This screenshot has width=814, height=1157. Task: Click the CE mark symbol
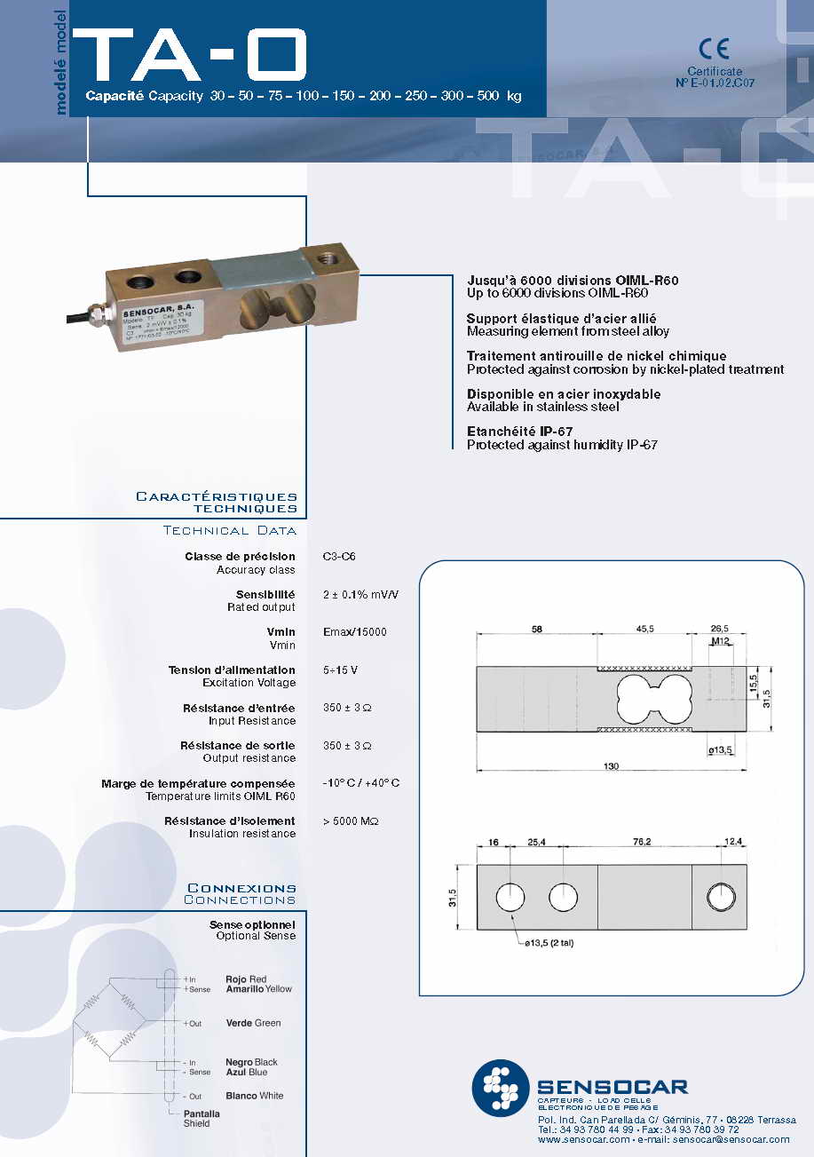point(714,49)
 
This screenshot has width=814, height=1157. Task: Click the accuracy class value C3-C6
point(339,557)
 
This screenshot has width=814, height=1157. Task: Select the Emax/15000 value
point(355,632)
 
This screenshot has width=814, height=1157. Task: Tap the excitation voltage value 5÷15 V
point(341,670)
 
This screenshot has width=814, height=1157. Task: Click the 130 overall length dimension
point(612,766)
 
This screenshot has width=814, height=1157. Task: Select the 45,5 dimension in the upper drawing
point(644,629)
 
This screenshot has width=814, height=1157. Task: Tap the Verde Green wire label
point(253,1023)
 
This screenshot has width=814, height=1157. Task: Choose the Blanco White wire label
point(255,1096)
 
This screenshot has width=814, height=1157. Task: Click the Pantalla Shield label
point(202,1118)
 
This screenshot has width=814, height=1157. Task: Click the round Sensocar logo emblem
point(501,1088)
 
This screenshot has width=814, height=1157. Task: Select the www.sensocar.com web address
point(584,1139)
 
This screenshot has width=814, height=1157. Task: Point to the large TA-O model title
point(191,56)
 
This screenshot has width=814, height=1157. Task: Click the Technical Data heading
point(230,531)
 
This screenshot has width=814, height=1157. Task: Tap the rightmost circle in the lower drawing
point(720,898)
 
